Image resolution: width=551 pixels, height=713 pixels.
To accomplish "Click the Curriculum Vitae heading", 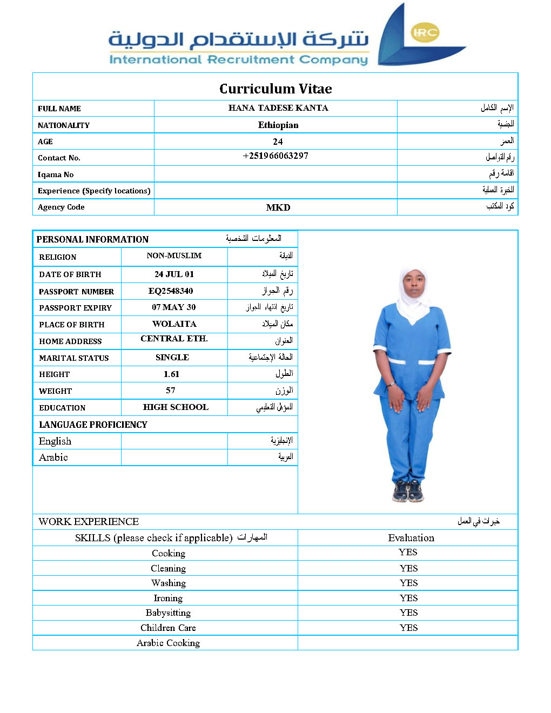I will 275,89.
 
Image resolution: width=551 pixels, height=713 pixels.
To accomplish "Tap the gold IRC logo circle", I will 425,32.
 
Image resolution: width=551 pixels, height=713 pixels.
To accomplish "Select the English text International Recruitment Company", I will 238,59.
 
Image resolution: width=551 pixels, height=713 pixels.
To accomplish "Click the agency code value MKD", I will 278,207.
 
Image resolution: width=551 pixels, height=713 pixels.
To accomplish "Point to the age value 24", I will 278,142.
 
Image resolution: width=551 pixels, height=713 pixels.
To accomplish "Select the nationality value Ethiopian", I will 278,125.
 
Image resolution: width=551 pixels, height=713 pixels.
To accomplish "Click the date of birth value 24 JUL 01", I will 174,274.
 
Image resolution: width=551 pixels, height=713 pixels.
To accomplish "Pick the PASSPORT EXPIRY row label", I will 75,308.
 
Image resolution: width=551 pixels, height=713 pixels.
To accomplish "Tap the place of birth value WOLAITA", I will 174,324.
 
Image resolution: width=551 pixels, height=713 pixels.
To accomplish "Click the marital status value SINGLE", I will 172,357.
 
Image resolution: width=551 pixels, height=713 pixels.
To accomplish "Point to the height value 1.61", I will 171,374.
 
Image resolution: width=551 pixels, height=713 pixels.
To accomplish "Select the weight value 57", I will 171,390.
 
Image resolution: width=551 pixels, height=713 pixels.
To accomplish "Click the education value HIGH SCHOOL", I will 176,407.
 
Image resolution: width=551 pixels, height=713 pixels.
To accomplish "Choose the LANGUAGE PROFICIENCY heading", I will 93,425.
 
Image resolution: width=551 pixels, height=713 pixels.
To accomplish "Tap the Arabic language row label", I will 53,458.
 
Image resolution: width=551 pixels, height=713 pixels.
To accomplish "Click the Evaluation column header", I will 411,537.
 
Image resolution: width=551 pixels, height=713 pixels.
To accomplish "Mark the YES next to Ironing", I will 409,598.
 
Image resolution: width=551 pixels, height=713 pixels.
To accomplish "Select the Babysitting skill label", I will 168,613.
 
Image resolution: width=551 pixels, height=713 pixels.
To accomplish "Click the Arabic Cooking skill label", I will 168,643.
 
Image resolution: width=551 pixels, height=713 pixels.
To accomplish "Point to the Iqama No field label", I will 56,174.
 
